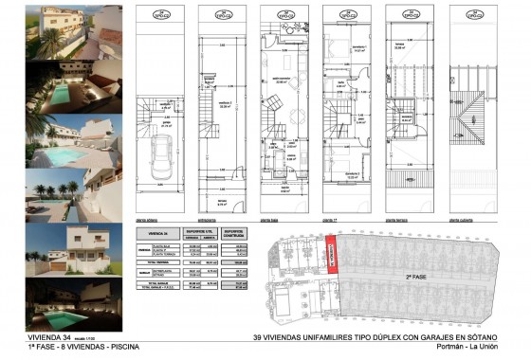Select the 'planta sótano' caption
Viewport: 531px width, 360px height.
[147, 218]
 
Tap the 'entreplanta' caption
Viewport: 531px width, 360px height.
[210, 218]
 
